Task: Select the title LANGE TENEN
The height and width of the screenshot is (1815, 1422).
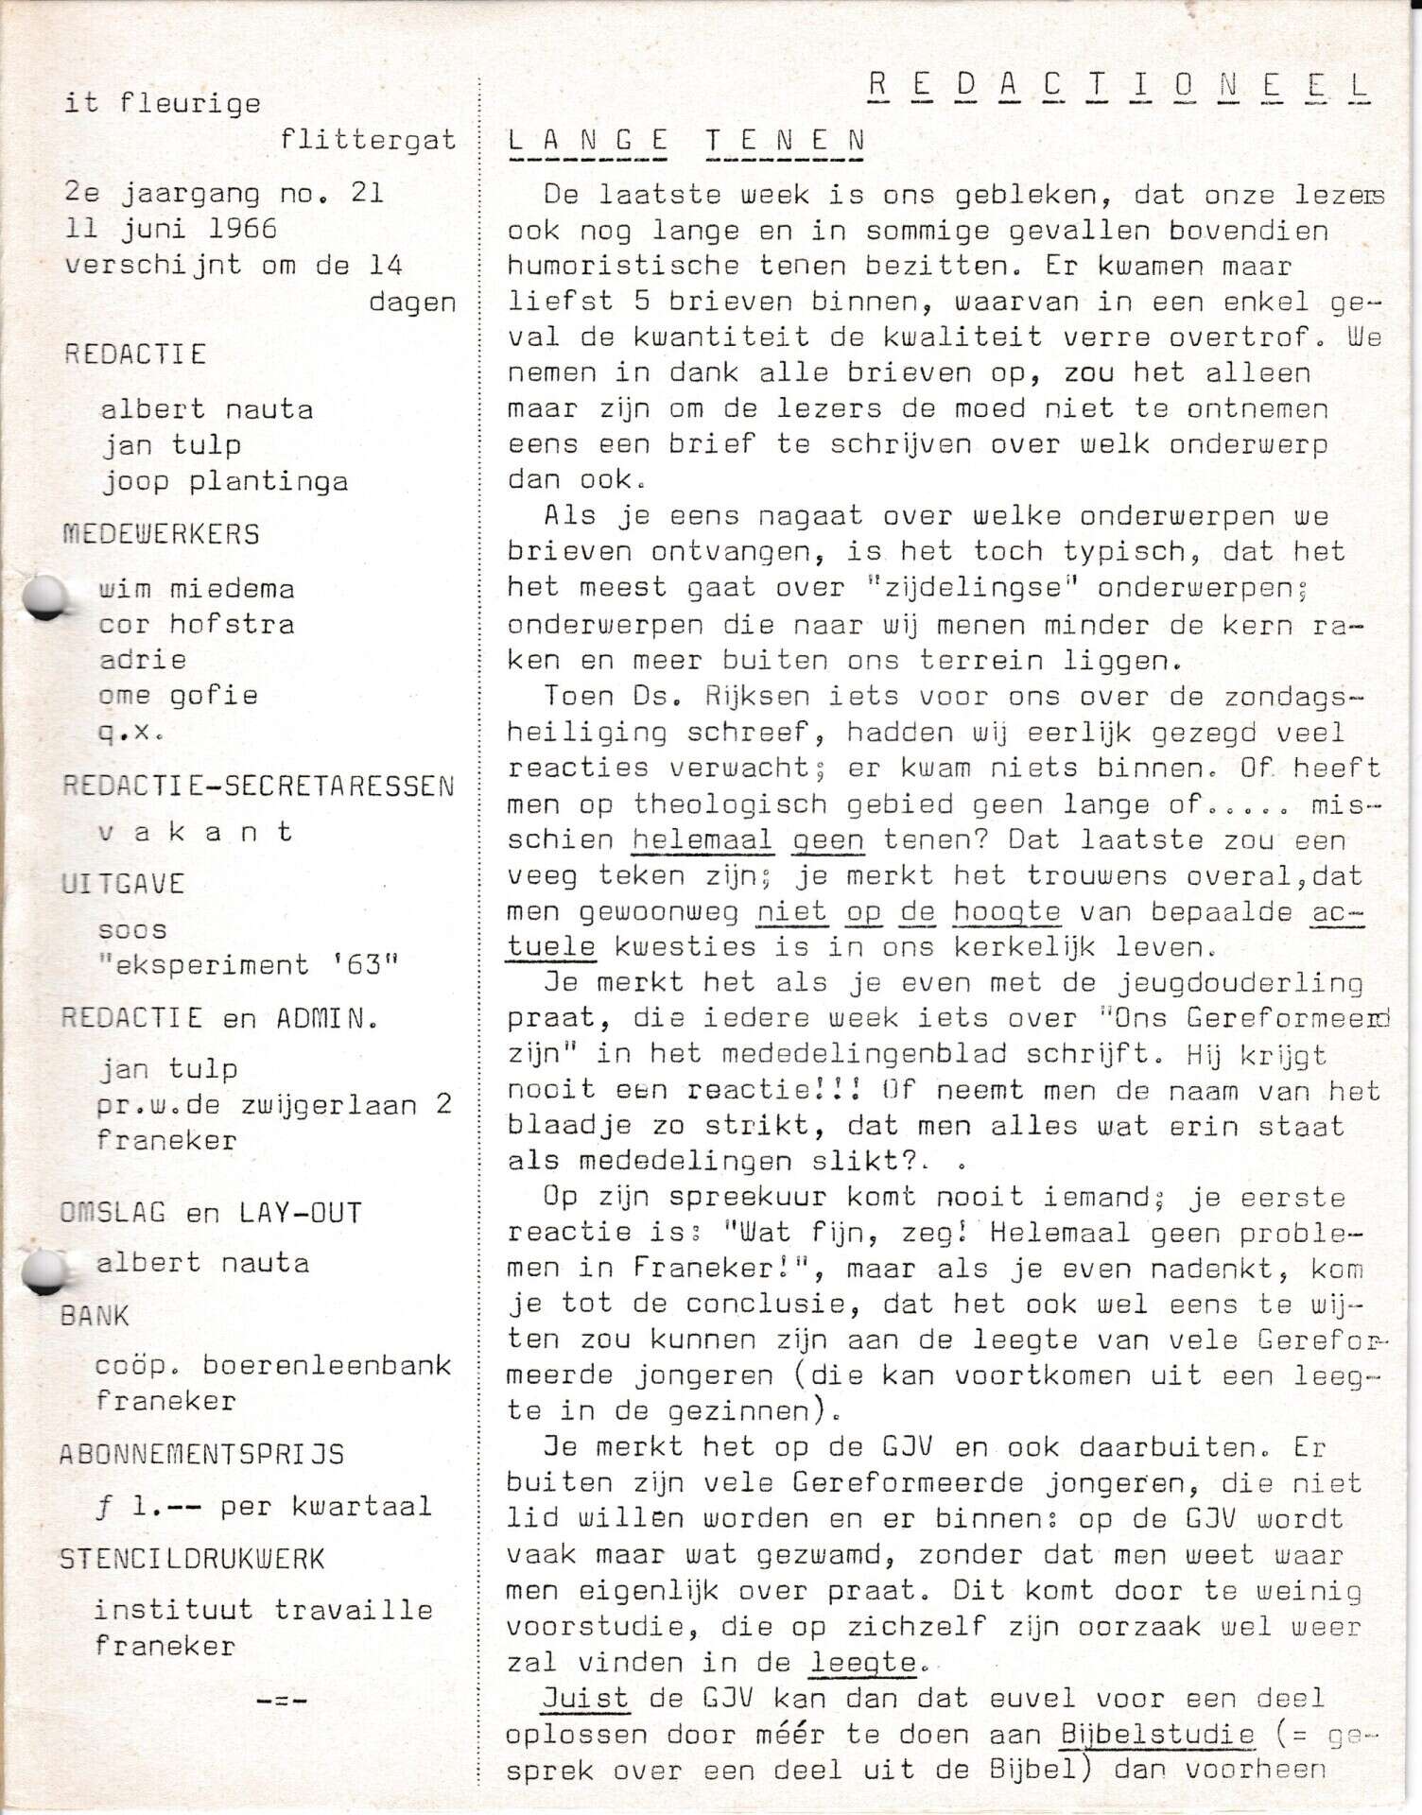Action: click(686, 141)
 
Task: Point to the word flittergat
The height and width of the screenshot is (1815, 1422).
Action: click(368, 140)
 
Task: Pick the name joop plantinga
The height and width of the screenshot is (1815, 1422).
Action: click(225, 481)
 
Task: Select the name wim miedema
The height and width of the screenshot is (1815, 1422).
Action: click(197, 589)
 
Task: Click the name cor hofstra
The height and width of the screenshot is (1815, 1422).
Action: click(197, 624)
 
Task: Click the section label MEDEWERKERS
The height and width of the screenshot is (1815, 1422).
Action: click(161, 534)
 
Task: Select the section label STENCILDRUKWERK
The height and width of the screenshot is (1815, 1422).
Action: click(192, 1558)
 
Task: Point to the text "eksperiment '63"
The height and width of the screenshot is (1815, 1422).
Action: click(249, 965)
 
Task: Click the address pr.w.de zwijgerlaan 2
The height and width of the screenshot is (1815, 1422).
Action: click(275, 1104)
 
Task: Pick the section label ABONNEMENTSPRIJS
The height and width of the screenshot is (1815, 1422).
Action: click(202, 1454)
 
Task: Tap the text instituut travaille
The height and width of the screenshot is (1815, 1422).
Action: click(264, 1610)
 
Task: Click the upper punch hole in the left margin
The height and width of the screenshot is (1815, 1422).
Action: click(43, 598)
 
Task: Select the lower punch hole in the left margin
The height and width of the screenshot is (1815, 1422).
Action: click(43, 1271)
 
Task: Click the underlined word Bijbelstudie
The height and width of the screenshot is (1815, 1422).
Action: click(1157, 1735)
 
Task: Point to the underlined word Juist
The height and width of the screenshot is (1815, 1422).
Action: click(585, 1699)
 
